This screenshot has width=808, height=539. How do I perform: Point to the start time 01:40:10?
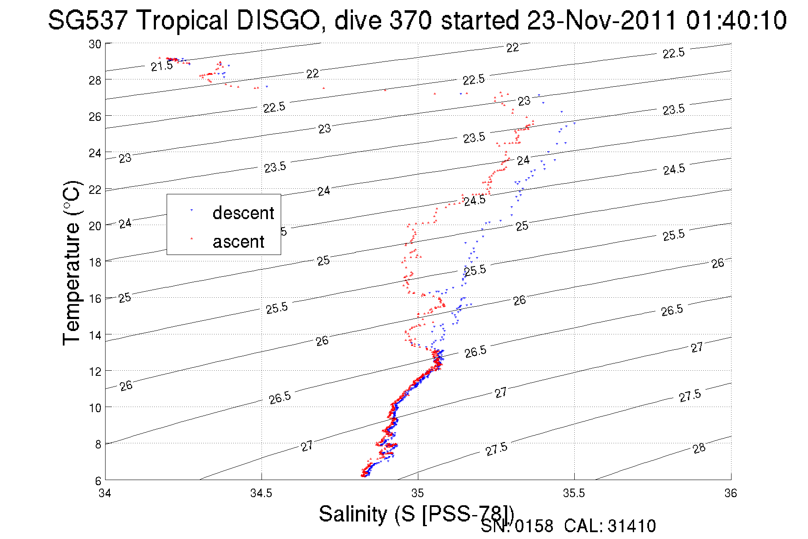736,20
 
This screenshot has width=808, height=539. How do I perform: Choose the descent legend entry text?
243,213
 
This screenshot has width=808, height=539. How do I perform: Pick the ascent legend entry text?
238,242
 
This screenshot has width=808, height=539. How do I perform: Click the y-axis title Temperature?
72,263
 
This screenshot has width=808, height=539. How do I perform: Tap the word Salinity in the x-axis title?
353,514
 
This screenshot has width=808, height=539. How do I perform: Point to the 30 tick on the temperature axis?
95,44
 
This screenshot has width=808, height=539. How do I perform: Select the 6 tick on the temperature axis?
98,480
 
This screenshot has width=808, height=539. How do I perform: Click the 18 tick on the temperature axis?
95,262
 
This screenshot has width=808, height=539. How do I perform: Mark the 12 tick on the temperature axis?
95,371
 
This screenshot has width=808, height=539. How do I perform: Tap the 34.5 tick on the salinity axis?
261,493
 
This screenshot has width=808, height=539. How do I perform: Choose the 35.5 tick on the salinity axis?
574,493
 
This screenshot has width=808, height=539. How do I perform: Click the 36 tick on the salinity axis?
731,493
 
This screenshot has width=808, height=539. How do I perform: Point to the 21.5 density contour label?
162,66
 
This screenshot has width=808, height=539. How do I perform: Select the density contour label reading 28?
699,448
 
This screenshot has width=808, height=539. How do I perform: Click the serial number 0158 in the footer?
534,526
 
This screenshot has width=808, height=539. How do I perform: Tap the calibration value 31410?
632,526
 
